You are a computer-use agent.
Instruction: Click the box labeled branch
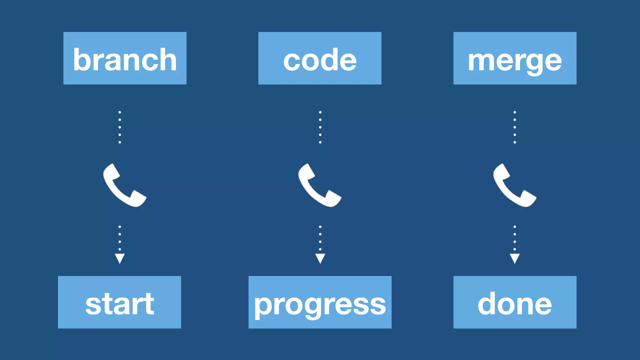point(125,58)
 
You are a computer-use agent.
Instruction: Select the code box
point(320,58)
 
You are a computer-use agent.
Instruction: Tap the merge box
point(515,58)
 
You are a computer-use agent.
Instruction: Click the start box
point(119,302)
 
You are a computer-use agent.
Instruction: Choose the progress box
point(320,302)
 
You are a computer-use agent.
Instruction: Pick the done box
point(515,302)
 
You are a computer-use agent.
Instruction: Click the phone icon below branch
point(124,185)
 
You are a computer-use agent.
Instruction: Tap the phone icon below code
point(319,185)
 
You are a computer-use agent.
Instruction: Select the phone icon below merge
point(514,185)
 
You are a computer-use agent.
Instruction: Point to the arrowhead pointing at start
point(120,258)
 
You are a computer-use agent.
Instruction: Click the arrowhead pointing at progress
point(320,258)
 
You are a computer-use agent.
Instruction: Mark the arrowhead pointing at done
point(515,258)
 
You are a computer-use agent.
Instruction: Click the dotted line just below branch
point(120,127)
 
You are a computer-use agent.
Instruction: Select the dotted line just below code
point(320,127)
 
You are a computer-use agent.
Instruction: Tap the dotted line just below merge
point(515,127)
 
